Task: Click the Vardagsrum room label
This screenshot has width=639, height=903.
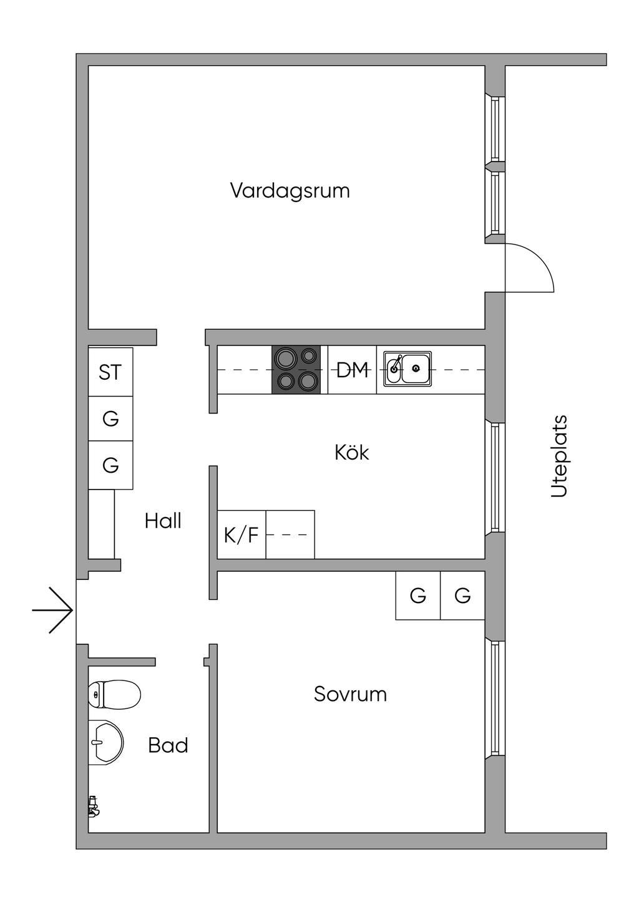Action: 290,190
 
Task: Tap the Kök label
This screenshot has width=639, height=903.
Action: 351,452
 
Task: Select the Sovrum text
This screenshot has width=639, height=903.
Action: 350,694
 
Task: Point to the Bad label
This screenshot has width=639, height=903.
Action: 168,745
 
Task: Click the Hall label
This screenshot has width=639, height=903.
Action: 163,521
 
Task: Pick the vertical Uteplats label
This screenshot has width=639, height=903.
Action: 559,456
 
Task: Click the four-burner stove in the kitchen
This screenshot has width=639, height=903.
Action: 296,369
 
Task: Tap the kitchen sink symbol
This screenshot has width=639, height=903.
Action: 407,369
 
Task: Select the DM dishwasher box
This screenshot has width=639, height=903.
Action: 352,370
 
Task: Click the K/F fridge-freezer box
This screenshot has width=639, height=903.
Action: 241,534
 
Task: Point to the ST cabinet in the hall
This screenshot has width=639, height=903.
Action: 110,372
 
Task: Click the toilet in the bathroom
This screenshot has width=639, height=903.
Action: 115,694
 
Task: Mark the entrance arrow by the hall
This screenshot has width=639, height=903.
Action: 54,610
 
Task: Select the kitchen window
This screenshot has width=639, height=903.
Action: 495,477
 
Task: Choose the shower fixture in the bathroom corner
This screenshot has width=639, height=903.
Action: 94,806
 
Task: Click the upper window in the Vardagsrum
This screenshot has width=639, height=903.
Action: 495,129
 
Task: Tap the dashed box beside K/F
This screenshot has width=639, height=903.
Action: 290,534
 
